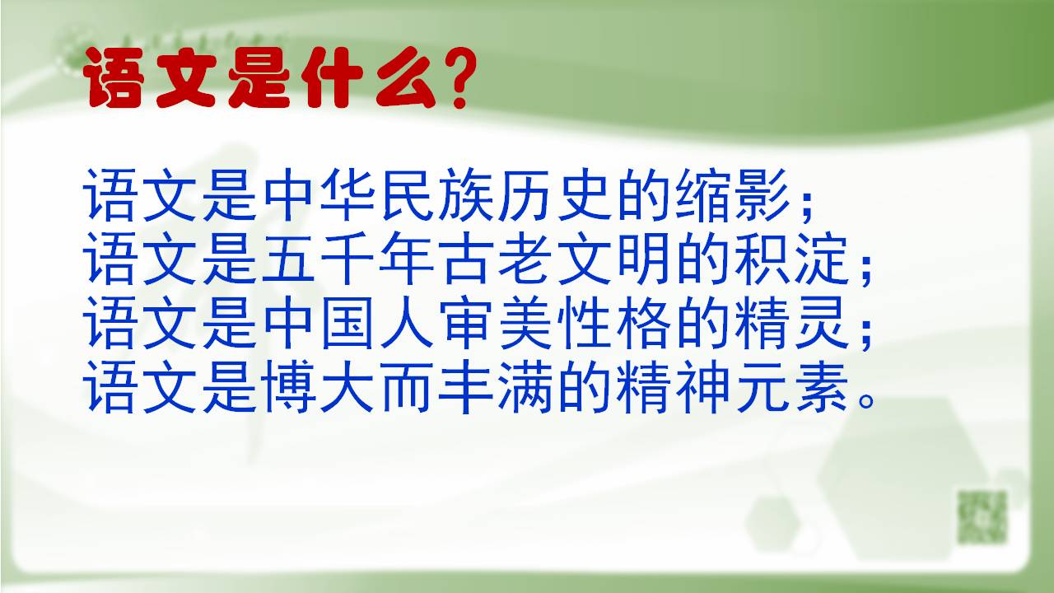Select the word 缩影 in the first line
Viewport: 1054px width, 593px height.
point(733,196)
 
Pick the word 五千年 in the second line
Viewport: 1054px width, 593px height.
point(348,259)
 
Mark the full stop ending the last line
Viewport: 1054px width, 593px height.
point(865,402)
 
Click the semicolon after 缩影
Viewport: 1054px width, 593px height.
point(806,207)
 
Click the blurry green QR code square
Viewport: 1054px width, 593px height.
point(983,516)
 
